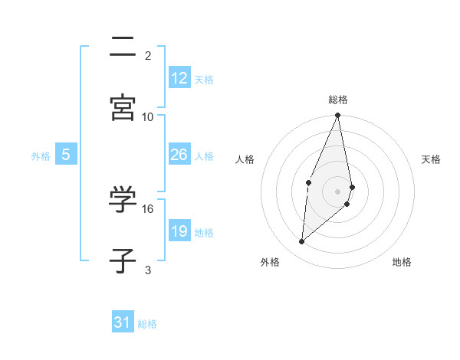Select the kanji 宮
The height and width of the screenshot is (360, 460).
click(123, 106)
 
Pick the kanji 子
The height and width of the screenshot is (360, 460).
click(123, 260)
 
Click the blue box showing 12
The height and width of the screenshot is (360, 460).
click(179, 78)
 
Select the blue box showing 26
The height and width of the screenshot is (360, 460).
click(179, 155)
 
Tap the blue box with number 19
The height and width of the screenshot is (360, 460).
click(179, 231)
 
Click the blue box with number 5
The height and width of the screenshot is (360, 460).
click(66, 155)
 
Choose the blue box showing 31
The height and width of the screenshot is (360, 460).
click(123, 322)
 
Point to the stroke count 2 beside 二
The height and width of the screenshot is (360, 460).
click(148, 55)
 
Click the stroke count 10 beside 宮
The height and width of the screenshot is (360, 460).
click(148, 116)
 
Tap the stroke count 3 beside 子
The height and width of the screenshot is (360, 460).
click(148, 270)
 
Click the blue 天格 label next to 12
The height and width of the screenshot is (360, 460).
click(204, 80)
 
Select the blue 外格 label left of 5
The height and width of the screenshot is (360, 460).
click(41, 156)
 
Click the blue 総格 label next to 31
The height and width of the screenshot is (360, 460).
click(147, 324)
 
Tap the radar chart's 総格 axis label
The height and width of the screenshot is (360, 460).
click(338, 100)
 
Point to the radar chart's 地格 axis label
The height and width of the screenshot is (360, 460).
click(402, 263)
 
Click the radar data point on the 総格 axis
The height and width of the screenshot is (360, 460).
click(338, 116)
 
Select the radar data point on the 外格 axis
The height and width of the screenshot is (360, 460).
click(302, 241)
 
